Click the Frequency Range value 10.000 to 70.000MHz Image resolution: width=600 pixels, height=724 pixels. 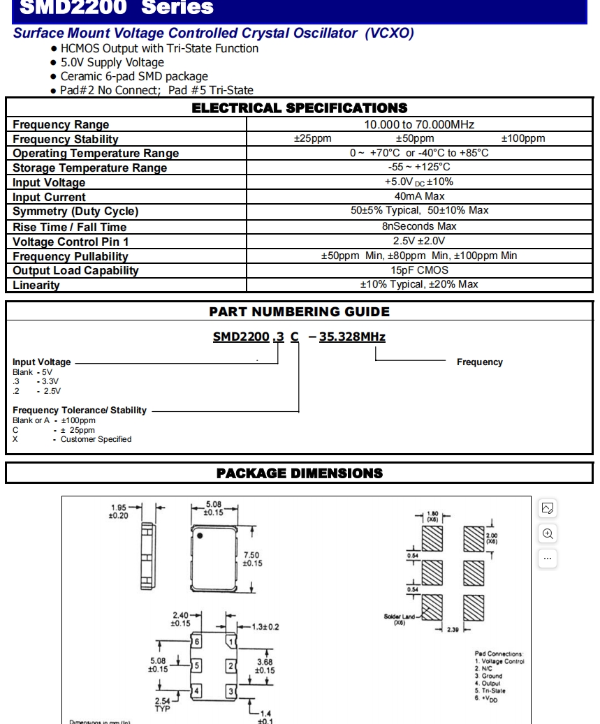[x=419, y=125]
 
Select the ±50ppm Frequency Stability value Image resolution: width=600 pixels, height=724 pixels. [x=414, y=139]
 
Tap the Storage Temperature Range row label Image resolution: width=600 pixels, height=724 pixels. [x=89, y=168]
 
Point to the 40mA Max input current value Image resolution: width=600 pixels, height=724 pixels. [x=419, y=197]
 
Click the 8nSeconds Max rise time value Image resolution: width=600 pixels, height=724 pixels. [x=419, y=226]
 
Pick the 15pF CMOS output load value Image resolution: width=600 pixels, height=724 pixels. [x=419, y=270]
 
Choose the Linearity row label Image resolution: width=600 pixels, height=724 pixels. [x=36, y=285]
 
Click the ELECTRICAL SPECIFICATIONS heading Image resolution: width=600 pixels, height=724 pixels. [x=299, y=108]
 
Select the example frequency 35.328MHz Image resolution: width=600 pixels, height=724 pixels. [x=352, y=337]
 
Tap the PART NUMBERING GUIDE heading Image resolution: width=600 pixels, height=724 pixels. [x=299, y=312]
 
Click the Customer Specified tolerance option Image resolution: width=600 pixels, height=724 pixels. [x=96, y=439]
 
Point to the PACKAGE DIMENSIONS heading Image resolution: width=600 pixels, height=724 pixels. [x=299, y=473]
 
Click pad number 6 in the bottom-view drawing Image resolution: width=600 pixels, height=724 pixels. [x=197, y=642]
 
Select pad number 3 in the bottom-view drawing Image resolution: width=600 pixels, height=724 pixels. [x=231, y=691]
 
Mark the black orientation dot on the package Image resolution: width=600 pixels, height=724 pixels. [x=200, y=536]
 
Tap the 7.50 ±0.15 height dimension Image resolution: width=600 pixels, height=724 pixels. [x=252, y=559]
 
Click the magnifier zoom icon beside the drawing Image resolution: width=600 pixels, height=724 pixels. [x=548, y=534]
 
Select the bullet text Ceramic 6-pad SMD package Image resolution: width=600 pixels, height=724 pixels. [x=134, y=77]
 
